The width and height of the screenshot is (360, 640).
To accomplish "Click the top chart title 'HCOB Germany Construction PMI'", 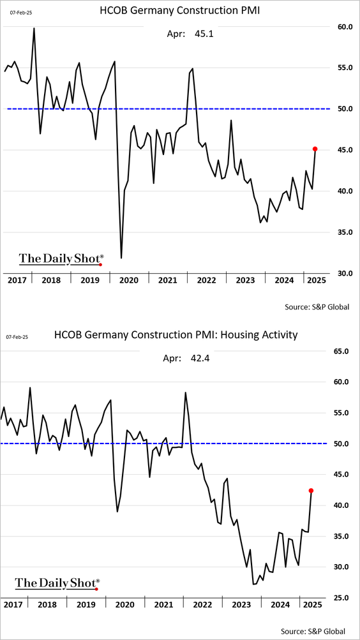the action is coord(180,11).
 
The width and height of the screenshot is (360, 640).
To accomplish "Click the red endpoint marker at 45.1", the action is coord(315,149).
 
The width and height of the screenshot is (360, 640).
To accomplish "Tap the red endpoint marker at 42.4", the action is coord(311,491).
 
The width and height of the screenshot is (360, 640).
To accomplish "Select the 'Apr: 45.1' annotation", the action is coord(190,34).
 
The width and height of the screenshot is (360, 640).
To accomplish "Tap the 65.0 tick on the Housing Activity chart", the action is coord(339,351).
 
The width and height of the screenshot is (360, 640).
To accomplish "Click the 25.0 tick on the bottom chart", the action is coord(339,598).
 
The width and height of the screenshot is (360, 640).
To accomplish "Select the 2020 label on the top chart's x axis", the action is coord(128,280).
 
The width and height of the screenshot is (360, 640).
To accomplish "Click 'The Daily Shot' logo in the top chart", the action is coord(61,259).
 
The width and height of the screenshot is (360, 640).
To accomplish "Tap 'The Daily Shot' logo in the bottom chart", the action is coord(57,583).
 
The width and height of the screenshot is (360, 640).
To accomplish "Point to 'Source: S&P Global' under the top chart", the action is coord(317,306).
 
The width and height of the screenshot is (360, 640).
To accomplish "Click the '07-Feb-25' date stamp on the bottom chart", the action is coord(17,338).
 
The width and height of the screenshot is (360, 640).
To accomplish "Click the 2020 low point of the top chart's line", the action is coord(121,258).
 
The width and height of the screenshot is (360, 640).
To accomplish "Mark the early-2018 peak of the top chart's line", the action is coord(34,27).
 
